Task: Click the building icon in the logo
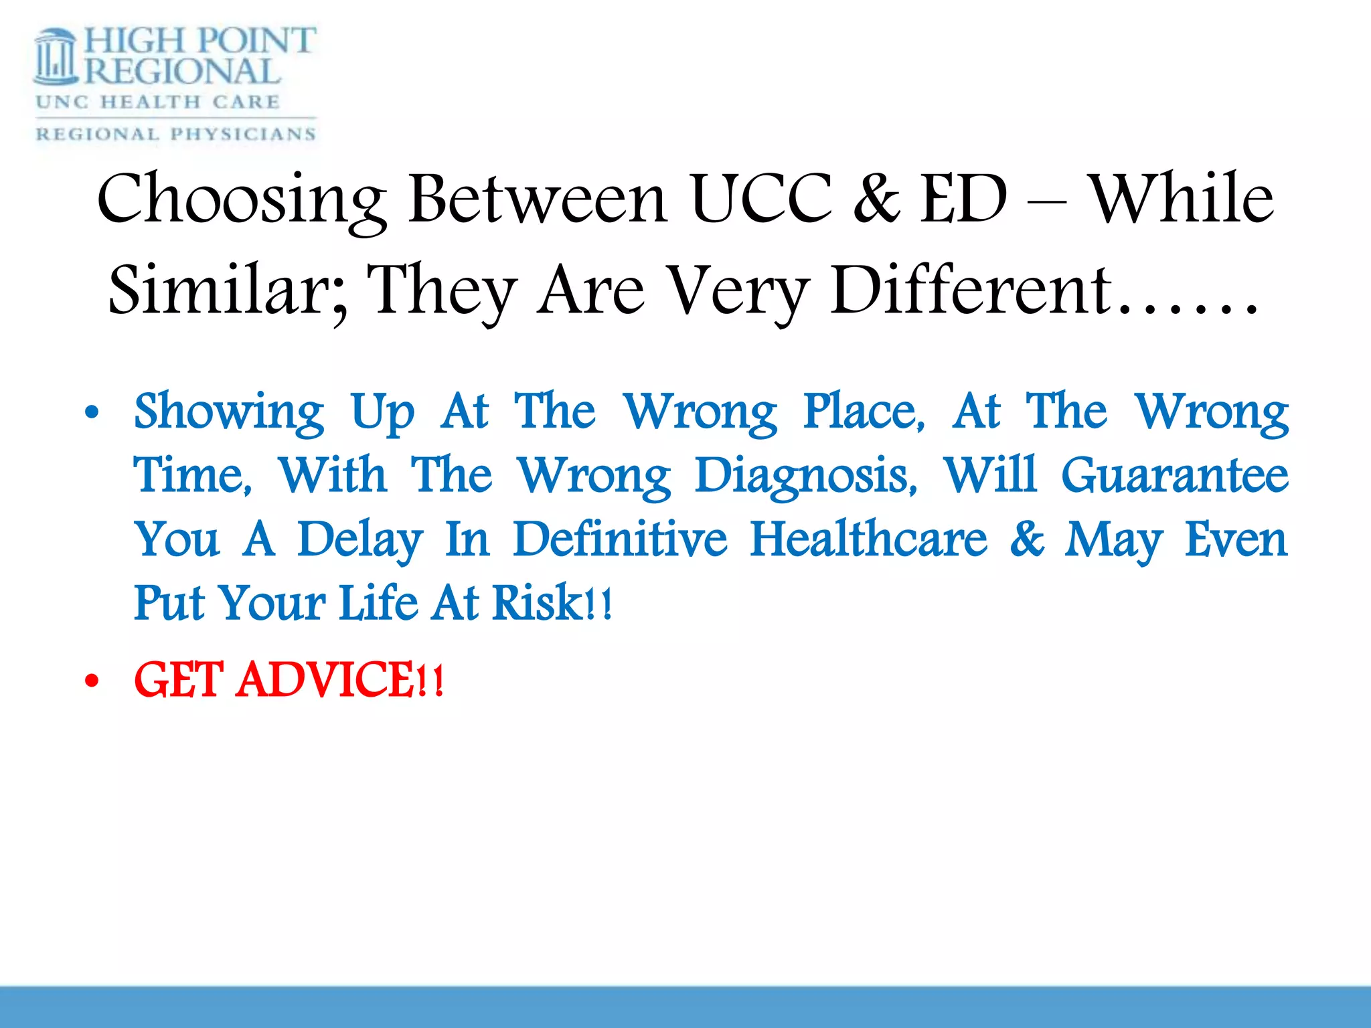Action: [56, 57]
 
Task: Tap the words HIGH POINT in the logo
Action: [199, 41]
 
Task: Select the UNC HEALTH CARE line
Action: [158, 102]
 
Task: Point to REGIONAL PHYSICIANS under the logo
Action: [175, 134]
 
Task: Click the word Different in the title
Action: [971, 290]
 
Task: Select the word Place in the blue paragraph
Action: [864, 411]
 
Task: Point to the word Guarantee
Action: [1175, 475]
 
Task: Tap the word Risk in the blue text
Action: [539, 602]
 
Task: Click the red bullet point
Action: [92, 681]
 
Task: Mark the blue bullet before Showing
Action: [92, 413]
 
